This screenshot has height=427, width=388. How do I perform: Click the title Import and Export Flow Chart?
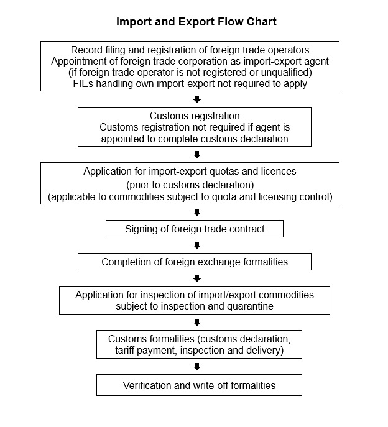coord(196,22)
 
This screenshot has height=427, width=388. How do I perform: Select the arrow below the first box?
coord(197,99)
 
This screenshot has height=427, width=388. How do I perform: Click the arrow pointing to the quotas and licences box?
coord(197,155)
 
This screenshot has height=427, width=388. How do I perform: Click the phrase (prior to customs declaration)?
coord(190,185)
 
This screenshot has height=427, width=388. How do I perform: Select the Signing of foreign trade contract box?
coord(195,229)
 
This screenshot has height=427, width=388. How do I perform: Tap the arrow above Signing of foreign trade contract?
coord(197,213)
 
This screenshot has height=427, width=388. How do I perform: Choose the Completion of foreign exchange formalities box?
coord(195,262)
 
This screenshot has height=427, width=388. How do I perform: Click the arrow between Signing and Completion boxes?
coord(197,246)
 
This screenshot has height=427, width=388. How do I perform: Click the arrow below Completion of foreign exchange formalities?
coord(197,278)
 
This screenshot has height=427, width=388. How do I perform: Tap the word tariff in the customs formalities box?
coord(124,350)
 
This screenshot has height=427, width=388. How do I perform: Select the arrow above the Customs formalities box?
coord(197,323)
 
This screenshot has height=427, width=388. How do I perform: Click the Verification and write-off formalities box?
coord(199,385)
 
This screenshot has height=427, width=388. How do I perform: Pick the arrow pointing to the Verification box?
coord(197,367)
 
